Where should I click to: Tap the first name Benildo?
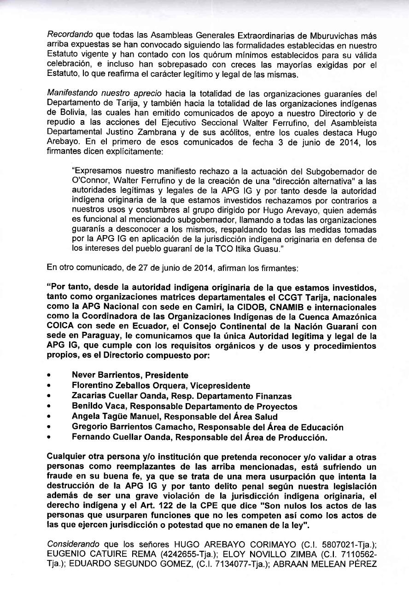(87, 406)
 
